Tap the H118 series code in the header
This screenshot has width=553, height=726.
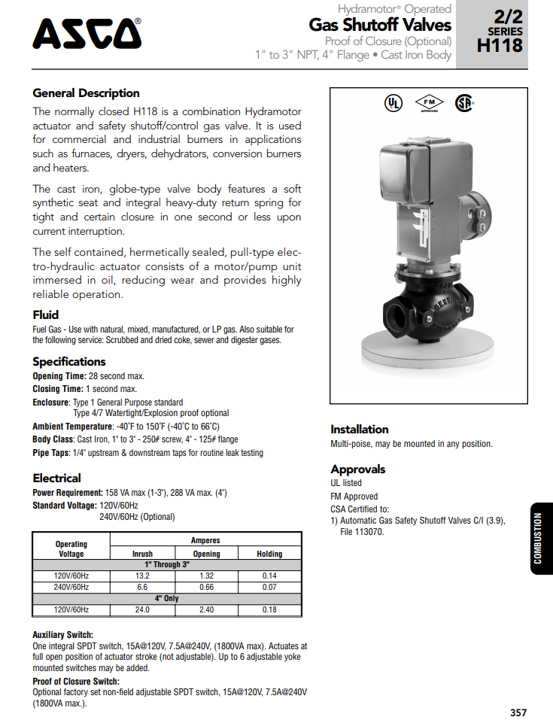point(500,45)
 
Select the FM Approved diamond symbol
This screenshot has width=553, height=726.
point(430,103)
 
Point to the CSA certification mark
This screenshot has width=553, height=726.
point(463,104)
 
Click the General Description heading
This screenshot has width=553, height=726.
point(86,93)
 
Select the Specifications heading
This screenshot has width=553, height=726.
point(69,362)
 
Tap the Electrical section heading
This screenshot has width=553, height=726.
point(56,478)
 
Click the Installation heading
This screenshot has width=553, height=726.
point(360,430)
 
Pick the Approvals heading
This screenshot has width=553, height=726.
point(358,469)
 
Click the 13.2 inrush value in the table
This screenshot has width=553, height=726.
point(142,576)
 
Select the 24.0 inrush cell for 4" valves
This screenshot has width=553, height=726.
point(142,609)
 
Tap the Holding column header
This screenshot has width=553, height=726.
point(269,554)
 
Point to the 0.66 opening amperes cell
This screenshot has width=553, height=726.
point(206,587)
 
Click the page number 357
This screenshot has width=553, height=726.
point(518,712)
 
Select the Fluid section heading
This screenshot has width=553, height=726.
point(46,314)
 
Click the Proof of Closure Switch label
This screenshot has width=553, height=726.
point(76,682)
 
